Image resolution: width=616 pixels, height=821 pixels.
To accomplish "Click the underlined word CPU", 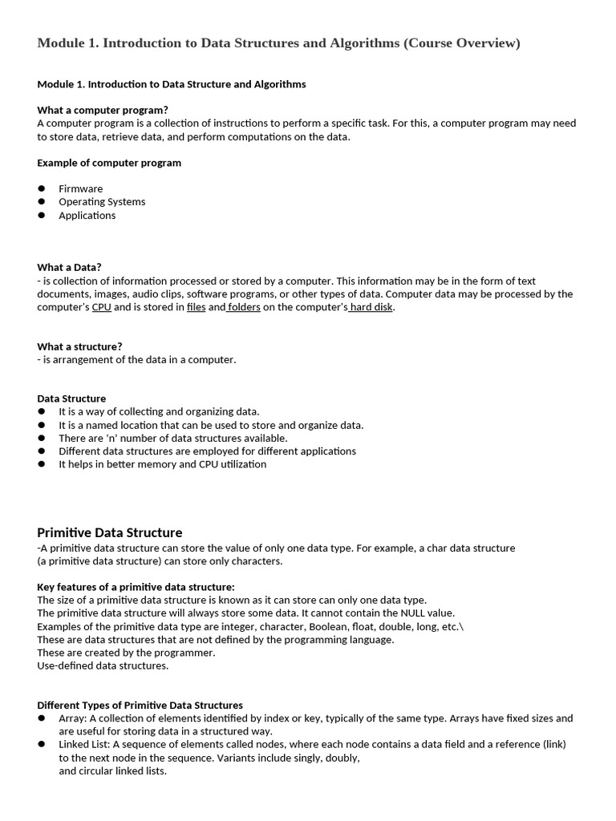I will (x=101, y=307).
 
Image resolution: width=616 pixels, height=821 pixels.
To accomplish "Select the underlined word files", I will (x=196, y=307).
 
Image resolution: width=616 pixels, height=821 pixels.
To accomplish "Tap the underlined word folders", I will (x=244, y=307).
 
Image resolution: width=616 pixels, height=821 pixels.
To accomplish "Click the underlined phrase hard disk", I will (x=371, y=307).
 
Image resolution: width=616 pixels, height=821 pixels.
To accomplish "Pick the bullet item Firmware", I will (x=80, y=189).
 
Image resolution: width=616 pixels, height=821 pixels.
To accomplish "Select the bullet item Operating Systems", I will (x=102, y=202).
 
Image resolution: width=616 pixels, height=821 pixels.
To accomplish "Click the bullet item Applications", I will (x=87, y=216).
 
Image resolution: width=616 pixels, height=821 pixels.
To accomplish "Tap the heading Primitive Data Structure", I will (x=110, y=533).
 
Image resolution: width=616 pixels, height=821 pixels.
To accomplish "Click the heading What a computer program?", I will (x=103, y=110).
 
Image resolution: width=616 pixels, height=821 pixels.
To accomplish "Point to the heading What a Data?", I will (x=69, y=268).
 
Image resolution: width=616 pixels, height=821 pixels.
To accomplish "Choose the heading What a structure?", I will (x=79, y=346).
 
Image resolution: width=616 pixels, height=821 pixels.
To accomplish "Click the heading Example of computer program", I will (x=109, y=163).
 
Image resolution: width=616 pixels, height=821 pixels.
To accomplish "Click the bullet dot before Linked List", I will (x=42, y=745).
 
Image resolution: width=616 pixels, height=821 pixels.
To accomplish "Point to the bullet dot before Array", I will (x=42, y=718).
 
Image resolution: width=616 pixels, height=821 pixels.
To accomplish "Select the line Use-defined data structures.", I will (x=103, y=665).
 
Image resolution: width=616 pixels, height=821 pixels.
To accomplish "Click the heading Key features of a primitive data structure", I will (x=136, y=587).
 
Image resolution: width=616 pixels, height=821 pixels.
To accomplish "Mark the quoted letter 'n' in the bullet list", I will (x=110, y=439).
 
